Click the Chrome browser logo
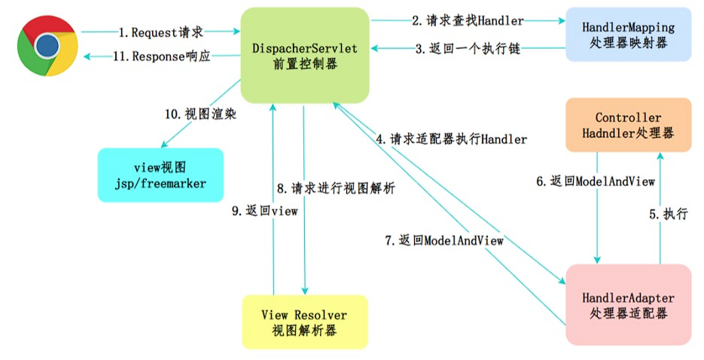47,45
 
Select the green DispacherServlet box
305,55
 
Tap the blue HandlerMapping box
628,35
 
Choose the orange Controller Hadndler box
628,125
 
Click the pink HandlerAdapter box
628,305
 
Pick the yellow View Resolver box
305,322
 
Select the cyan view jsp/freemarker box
160,175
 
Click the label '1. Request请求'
160,32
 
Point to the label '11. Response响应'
162,56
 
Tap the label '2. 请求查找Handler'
468,20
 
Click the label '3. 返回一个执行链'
468,48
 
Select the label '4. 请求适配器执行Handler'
451,139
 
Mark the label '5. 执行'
669,214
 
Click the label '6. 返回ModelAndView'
596,182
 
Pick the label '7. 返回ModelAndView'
444,240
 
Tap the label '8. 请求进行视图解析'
336,188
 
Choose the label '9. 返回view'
265,211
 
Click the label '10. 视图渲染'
200,114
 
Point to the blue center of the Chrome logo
47,45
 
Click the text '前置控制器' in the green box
305,64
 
